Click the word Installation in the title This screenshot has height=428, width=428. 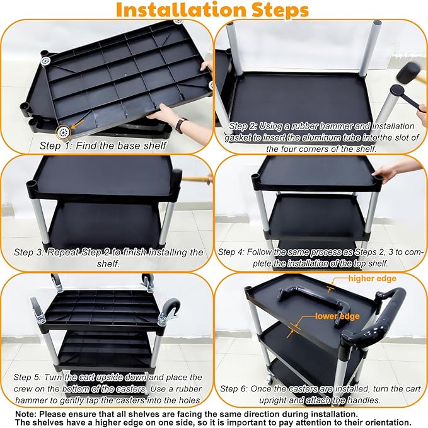coord(182,10)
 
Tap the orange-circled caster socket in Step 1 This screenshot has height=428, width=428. coord(63,132)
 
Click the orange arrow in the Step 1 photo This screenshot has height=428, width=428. coord(77,124)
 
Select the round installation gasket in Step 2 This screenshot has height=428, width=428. coord(397,90)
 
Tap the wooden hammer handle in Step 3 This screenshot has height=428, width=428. coord(197,179)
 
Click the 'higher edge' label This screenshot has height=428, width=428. coord(373,279)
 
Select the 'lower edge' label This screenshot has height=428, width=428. coord(337,316)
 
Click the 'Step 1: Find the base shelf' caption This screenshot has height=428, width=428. coord(103,146)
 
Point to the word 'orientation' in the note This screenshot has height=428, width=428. coord(383,422)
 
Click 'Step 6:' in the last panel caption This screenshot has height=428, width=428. coord(234,388)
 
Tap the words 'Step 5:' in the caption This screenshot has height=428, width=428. coord(27,377)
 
